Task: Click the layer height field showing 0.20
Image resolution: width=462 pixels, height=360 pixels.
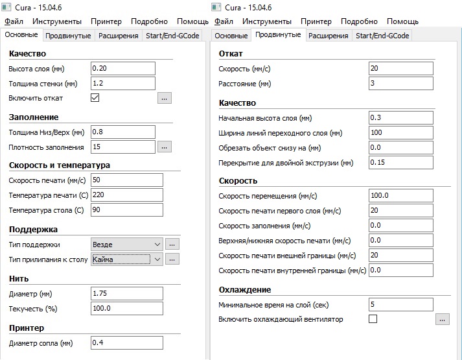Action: [x=123, y=68]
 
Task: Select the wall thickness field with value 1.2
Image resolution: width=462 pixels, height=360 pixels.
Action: [x=123, y=83]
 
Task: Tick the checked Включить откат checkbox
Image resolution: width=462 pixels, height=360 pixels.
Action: [x=95, y=98]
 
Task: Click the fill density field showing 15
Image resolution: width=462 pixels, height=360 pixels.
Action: [x=123, y=147]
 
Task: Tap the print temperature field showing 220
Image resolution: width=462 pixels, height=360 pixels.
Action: [x=127, y=195]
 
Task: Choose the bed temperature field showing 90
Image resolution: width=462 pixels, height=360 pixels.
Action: [x=127, y=210]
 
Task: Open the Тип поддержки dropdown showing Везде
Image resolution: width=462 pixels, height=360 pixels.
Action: [x=127, y=244]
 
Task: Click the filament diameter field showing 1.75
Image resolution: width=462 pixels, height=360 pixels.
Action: [x=127, y=293]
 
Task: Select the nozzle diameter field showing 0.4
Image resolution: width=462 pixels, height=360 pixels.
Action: [x=127, y=342]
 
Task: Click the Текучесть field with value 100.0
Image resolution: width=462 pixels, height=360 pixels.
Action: [x=127, y=308]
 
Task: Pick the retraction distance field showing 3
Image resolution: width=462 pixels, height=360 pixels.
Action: [x=400, y=83]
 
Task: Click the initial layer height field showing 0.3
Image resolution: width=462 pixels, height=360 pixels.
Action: [x=400, y=118]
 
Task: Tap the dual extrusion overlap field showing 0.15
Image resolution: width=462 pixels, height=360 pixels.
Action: [x=400, y=162]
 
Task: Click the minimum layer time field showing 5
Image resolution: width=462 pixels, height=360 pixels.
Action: [x=400, y=304]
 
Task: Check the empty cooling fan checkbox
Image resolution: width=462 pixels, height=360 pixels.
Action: [x=373, y=319]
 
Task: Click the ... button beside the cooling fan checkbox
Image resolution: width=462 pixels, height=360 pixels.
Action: [x=443, y=319]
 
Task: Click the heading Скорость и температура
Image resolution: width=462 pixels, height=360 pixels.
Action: [x=60, y=165]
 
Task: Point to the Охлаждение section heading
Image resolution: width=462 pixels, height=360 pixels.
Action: [x=245, y=289]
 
